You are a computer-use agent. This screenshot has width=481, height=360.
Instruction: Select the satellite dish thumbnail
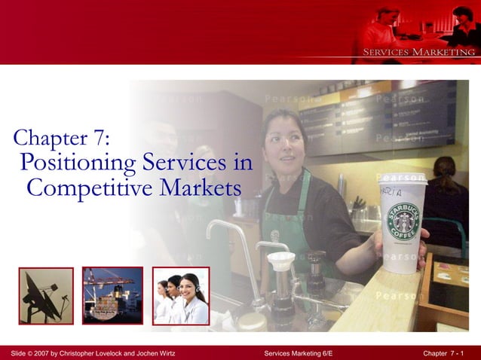46,295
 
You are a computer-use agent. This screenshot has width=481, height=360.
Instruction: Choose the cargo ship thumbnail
112,295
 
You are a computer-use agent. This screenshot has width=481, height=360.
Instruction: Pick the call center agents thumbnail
181,295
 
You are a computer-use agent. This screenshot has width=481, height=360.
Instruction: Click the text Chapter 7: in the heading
62,137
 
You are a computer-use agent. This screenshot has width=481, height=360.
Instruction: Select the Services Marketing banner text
419,52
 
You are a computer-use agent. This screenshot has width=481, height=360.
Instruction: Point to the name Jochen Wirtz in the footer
154,352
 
